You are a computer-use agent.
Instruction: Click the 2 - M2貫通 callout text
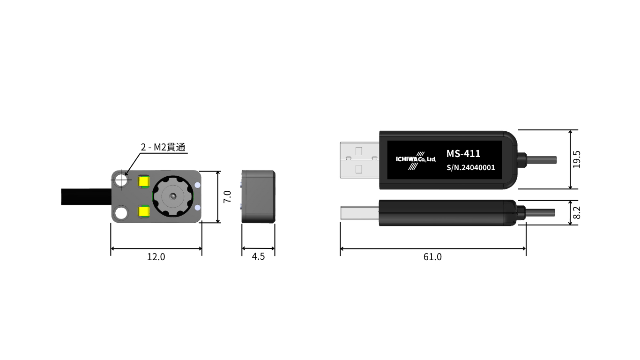coord(163,147)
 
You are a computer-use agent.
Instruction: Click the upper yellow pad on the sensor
coord(143,180)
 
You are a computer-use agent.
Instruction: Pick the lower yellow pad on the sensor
coord(143,212)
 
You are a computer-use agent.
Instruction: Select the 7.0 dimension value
coord(227,196)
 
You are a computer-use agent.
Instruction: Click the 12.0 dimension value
coord(156,257)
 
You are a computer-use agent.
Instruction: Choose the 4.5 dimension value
coord(258,257)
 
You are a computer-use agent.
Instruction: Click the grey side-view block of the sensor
coord(258,196)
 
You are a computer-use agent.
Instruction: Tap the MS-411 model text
coord(463,154)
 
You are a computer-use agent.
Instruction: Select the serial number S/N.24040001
coord(470,168)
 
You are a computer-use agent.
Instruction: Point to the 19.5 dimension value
coord(577,159)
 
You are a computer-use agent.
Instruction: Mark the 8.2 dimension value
coord(577,213)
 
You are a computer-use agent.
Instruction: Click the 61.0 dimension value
coord(432,257)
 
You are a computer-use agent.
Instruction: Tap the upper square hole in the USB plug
coord(359,151)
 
